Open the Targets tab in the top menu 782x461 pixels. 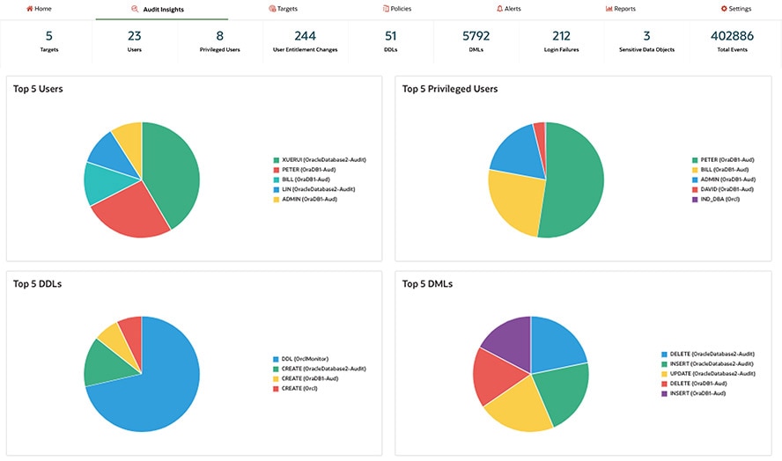pos(282,9)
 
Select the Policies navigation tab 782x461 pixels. pos(397,9)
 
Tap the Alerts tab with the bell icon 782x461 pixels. pos(509,9)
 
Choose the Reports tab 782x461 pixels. pos(621,9)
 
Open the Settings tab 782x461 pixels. pos(736,9)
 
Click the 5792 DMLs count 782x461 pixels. pos(476,36)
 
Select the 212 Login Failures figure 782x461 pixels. pos(561,36)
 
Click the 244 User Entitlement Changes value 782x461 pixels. pos(305,36)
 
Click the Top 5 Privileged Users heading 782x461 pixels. pos(450,89)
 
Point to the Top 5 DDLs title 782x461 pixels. pos(37,284)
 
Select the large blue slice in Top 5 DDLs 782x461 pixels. pos(154,387)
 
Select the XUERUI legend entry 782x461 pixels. pos(322,160)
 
